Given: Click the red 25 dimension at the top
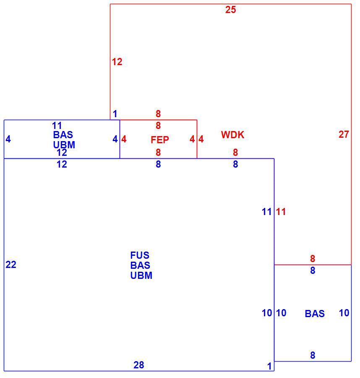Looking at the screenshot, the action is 230,10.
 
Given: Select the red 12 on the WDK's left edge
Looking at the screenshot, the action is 117,62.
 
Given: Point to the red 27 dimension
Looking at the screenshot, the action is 344,134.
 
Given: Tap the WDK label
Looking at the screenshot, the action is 232,135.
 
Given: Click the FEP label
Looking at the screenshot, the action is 160,139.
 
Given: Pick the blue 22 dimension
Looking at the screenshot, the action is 11,265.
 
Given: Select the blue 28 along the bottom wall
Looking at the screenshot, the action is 139,365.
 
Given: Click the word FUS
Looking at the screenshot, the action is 140,255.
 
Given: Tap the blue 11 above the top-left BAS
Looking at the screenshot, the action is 57,125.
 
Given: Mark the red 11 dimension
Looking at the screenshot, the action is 281,212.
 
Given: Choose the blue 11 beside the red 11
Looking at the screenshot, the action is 266,212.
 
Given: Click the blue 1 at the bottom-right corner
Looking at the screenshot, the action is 269,366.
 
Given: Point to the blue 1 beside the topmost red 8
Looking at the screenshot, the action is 115,113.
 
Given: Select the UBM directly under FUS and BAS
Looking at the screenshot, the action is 141,275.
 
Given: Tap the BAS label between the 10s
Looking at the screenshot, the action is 315,314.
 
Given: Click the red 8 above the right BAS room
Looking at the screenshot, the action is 313,258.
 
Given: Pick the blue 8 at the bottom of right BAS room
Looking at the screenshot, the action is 313,355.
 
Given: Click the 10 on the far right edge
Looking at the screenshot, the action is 344,313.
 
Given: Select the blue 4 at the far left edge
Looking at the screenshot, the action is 8,139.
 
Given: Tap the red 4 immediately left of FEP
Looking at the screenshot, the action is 124,139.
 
